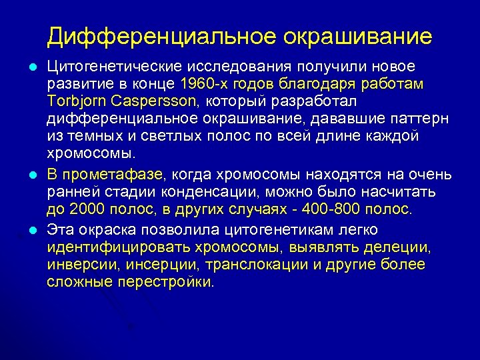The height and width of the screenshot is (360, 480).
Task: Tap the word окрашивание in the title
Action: click(x=358, y=36)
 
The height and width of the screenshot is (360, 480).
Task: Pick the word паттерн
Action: click(x=424, y=118)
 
